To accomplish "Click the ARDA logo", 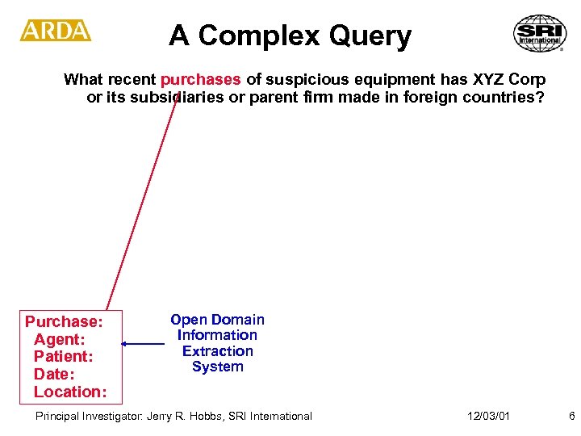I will [x=56, y=31].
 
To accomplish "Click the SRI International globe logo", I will [x=540, y=33].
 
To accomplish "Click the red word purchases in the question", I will [x=200, y=79].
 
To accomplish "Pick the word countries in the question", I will [x=507, y=98].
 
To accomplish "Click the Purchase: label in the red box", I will [x=64, y=321].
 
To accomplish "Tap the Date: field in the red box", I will [x=54, y=374].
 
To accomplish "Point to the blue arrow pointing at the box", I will [x=143, y=345].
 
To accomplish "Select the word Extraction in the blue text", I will [x=217, y=351].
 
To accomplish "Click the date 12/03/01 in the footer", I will [x=488, y=416].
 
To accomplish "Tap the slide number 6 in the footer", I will [x=571, y=416].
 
